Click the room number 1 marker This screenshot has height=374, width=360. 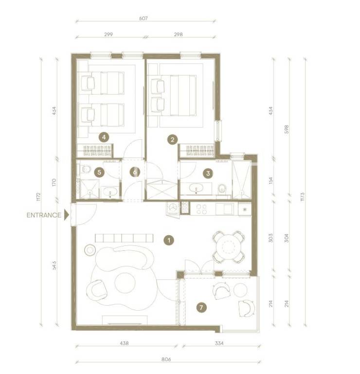point(169,240)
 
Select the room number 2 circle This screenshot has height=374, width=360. point(173,140)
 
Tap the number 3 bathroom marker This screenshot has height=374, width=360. point(208,173)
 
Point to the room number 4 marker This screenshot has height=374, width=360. point(104,137)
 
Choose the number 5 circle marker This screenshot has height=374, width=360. point(99,172)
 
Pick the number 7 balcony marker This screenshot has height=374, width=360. point(201,307)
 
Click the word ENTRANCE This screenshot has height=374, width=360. point(44,215)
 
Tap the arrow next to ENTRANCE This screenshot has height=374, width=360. point(67,215)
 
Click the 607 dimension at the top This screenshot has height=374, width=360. point(144,19)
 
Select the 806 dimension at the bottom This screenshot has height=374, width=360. point(166,359)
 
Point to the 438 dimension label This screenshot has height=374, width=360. point(124,343)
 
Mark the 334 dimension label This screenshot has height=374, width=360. point(219,343)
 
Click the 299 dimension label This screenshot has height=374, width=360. point(108,35)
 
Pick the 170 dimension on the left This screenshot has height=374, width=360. point(54,183)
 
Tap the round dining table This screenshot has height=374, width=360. point(229,247)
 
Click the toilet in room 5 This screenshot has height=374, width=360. point(85,169)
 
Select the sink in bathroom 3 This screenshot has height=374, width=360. point(196,188)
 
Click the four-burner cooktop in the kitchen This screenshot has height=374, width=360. point(201,209)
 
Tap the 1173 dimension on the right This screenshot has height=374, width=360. point(303,197)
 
